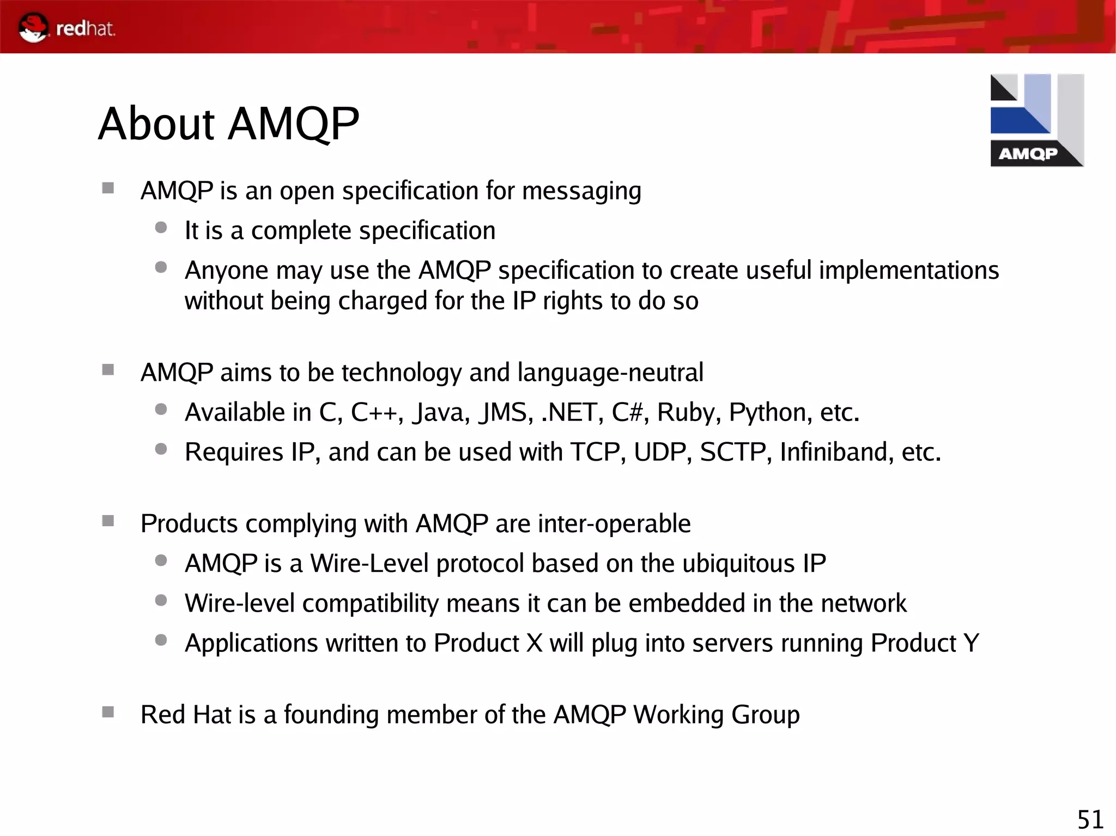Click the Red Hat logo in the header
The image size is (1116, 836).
pos(66,28)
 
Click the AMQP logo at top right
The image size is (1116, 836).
pos(1036,120)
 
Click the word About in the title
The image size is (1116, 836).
pos(157,124)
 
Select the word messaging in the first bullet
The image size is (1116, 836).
pos(581,192)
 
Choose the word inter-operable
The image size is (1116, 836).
pos(614,524)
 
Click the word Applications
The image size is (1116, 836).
pos(251,644)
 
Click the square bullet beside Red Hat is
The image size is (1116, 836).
pos(108,712)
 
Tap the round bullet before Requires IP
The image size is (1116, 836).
pos(161,449)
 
